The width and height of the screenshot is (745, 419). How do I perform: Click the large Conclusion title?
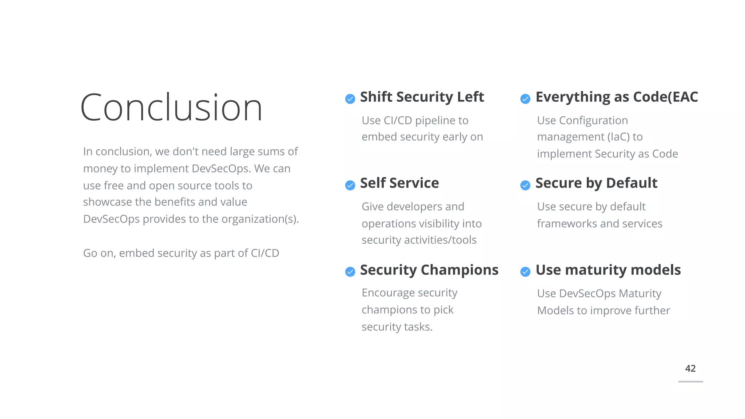[171, 108]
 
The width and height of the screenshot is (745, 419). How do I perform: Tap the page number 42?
[690, 368]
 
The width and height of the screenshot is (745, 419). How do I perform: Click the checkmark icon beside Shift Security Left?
[350, 99]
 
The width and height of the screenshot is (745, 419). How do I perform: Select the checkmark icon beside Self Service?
[350, 185]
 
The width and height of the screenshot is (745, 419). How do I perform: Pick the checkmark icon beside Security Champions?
[350, 272]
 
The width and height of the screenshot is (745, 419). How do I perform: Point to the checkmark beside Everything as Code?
[525, 99]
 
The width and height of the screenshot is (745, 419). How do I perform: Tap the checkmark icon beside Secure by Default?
[525, 185]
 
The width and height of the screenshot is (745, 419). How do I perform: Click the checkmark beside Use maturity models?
[525, 272]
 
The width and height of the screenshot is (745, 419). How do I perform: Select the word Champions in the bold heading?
[459, 270]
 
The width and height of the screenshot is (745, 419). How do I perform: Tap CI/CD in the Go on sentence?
[265, 253]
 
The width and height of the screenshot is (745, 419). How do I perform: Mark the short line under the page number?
[690, 382]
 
